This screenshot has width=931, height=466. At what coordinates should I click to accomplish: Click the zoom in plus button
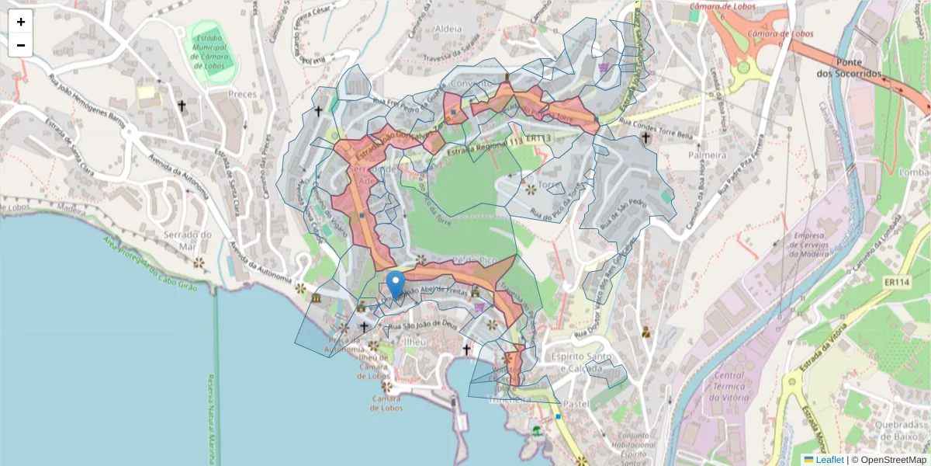click(x=21, y=23)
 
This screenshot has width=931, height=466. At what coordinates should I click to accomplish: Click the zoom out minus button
click(x=21, y=45)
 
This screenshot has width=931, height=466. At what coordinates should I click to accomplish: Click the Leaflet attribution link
click(x=829, y=460)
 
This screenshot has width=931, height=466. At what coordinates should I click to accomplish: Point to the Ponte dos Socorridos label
click(x=849, y=68)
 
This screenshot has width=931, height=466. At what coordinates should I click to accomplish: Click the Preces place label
click(x=242, y=94)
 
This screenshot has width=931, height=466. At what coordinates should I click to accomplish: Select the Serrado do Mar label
click(x=187, y=240)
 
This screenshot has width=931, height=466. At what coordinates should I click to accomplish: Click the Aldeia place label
click(x=449, y=30)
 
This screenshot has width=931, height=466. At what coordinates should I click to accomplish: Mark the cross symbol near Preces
click(x=182, y=106)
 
